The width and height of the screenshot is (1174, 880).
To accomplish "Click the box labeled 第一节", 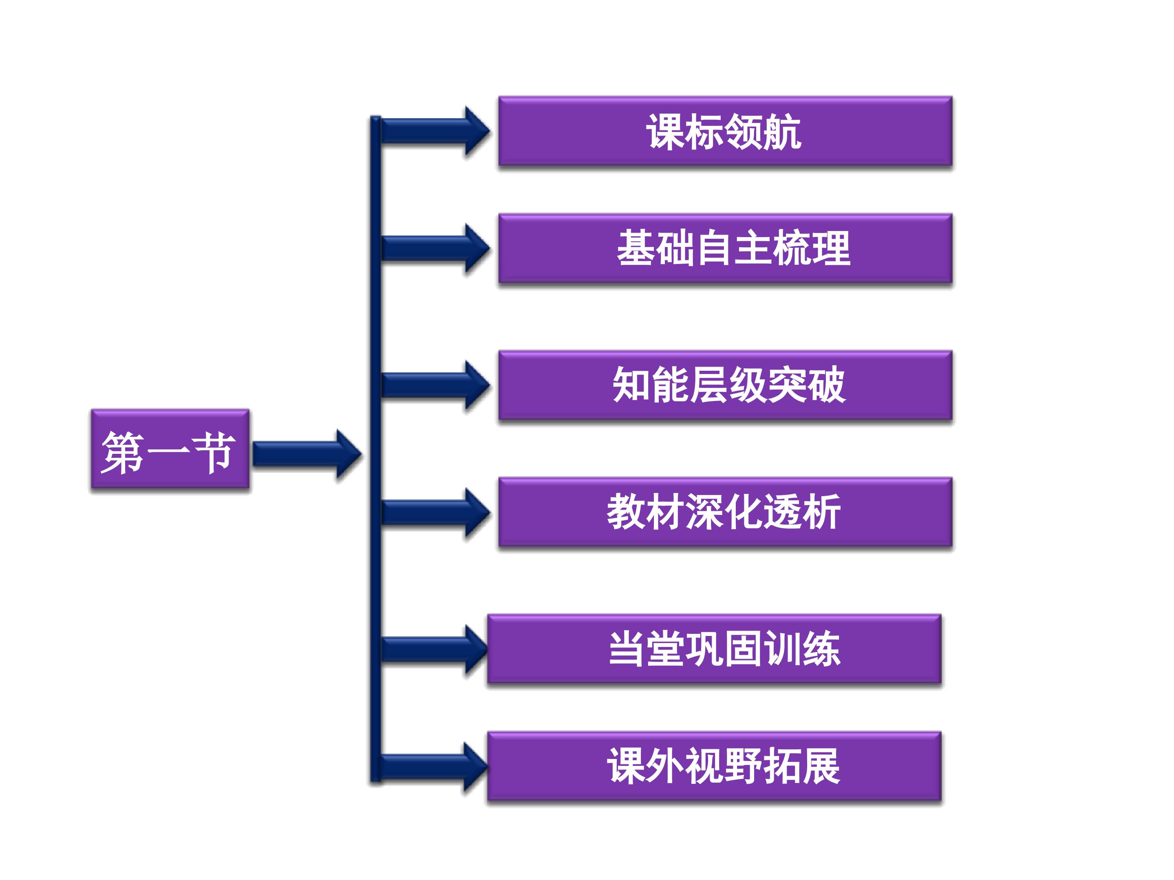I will click(170, 449).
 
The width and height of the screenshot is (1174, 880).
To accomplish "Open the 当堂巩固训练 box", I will click(714, 649).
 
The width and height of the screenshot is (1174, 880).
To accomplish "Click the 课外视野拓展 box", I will click(714, 766).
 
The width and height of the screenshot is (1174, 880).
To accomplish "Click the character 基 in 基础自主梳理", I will click(636, 248).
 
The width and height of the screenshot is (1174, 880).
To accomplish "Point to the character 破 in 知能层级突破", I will click(826, 385).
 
